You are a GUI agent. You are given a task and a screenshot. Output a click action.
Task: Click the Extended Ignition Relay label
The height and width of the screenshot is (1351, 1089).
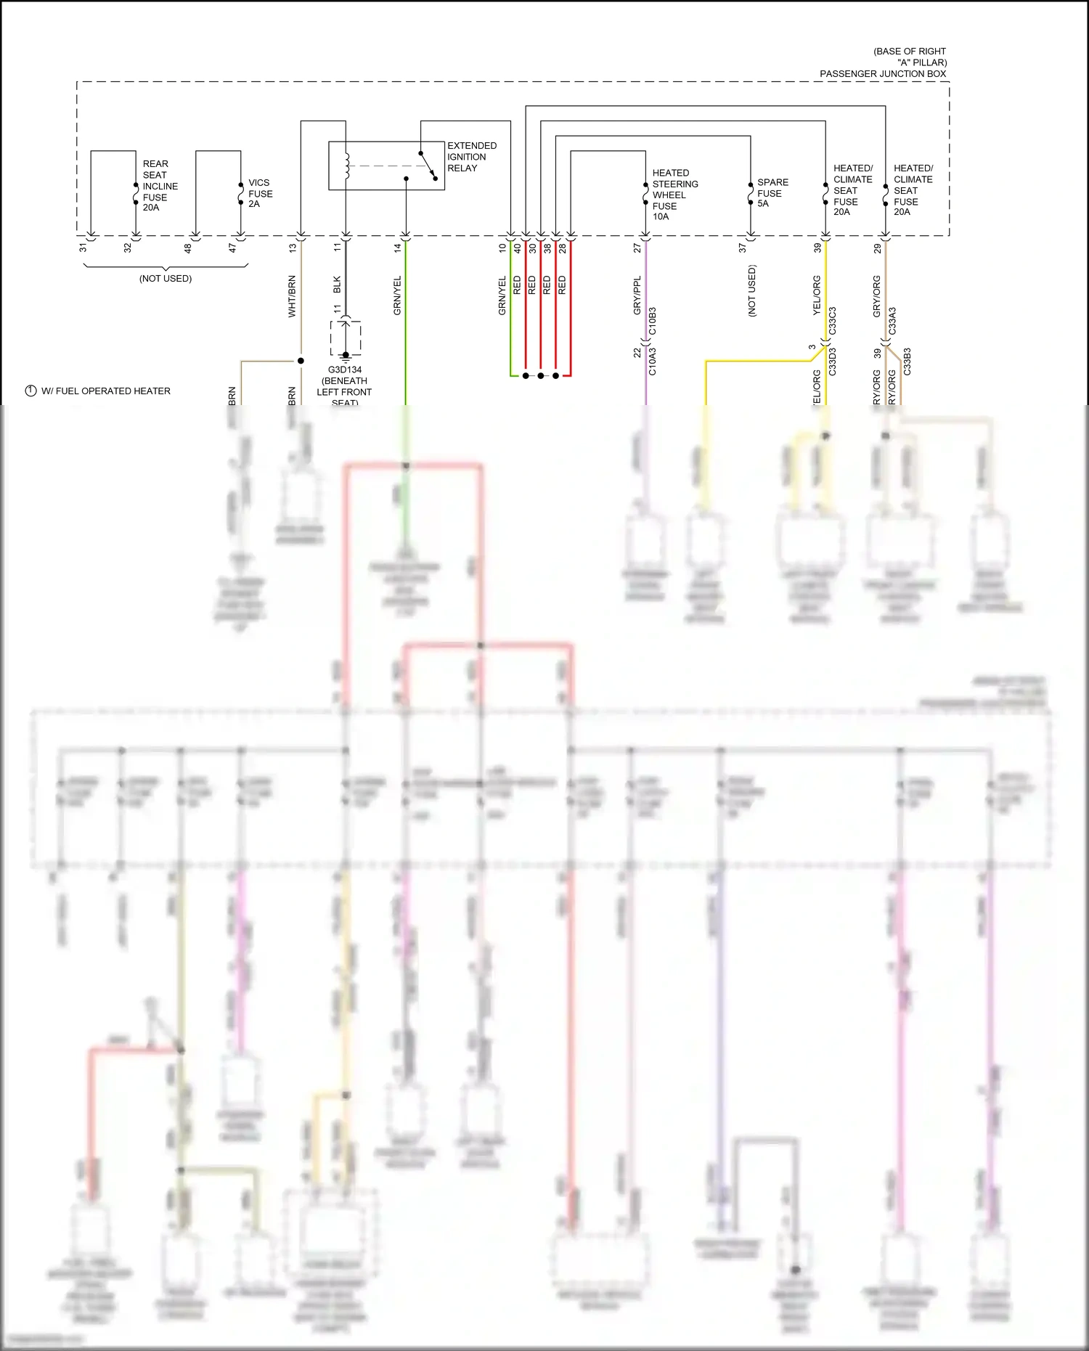[471, 157]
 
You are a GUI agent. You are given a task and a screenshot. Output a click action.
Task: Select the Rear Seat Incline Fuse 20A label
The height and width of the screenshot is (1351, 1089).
[160, 186]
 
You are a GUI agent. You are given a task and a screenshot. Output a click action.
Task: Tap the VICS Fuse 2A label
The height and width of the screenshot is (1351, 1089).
[260, 193]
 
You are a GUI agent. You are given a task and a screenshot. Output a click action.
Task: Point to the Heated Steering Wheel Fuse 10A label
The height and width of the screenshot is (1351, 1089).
[674, 195]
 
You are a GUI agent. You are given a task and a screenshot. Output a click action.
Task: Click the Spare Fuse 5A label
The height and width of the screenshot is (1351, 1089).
[772, 192]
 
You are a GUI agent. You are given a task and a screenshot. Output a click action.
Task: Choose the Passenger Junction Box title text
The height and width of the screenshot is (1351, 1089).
[883, 73]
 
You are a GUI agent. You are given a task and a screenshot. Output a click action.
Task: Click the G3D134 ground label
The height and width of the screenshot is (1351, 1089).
[344, 370]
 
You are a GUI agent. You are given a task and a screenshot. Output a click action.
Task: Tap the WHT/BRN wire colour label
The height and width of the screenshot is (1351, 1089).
[292, 296]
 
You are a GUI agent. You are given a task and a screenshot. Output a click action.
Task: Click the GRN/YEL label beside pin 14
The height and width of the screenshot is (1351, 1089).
[397, 295]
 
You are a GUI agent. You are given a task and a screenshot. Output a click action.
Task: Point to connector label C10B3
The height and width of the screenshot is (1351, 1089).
[652, 321]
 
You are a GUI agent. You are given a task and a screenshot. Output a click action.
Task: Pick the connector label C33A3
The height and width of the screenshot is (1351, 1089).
[892, 321]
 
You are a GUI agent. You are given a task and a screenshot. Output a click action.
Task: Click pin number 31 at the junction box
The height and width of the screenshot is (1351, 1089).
[83, 248]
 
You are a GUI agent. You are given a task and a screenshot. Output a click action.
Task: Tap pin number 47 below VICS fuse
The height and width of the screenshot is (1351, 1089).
[232, 248]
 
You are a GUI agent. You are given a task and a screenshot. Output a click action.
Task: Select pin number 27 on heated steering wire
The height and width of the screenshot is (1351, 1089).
[637, 248]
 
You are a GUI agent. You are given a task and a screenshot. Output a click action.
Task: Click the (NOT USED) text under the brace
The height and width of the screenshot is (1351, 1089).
[166, 279]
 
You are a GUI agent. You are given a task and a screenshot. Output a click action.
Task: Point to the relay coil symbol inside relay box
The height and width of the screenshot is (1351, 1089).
[347, 166]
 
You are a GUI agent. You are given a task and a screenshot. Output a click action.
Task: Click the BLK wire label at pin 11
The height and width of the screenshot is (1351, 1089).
[337, 285]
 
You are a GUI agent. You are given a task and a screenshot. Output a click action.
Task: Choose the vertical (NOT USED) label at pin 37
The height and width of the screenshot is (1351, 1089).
[751, 290]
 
